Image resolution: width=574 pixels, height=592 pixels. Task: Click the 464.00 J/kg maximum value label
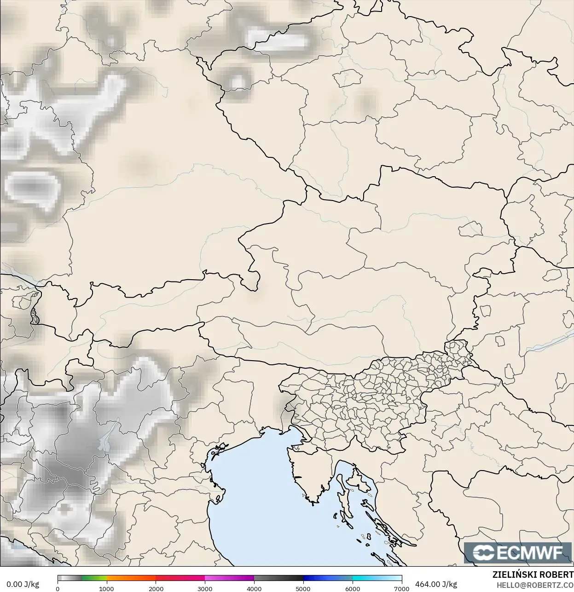click(x=436, y=584)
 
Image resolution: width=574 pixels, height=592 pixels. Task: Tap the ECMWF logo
click(x=518, y=552)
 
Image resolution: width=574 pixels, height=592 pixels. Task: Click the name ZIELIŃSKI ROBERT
click(x=533, y=575)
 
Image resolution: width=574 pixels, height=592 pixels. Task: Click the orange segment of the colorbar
click(x=131, y=578)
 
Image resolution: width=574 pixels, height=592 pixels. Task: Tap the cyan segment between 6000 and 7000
click(x=377, y=578)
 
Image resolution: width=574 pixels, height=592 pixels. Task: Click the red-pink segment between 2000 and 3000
click(x=180, y=578)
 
